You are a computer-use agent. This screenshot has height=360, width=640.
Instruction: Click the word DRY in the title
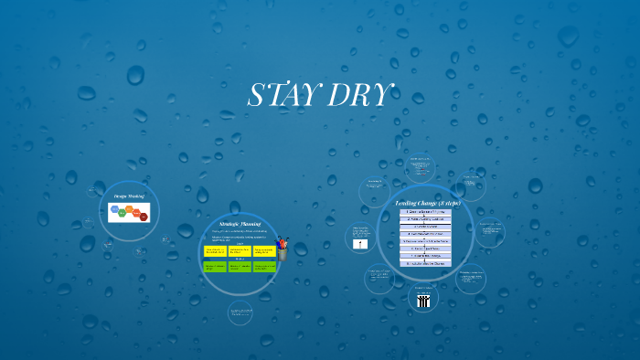(363, 95)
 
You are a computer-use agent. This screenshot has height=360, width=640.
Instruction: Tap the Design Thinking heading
(129, 196)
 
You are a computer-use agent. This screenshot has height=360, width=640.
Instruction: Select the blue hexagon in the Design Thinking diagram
(114, 210)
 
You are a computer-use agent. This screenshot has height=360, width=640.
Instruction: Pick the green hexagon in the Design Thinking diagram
(123, 213)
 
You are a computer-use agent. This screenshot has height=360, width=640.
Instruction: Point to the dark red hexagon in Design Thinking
(143, 217)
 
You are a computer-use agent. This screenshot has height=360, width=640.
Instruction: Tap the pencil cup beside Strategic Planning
(283, 248)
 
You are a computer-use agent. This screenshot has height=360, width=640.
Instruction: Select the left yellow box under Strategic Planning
(215, 250)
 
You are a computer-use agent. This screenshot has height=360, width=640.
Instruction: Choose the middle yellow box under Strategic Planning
(240, 250)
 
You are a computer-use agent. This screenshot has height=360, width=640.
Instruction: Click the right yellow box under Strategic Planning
(263, 250)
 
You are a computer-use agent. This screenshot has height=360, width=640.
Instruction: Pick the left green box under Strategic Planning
(215, 267)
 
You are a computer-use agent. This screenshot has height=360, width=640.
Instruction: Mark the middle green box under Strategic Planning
(240, 267)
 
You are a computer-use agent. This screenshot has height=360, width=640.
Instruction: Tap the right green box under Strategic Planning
(263, 267)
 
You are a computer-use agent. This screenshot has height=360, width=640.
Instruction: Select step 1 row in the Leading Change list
(425, 212)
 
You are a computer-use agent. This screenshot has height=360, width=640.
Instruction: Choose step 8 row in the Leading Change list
(425, 263)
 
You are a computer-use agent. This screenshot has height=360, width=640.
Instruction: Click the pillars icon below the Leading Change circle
(422, 301)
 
